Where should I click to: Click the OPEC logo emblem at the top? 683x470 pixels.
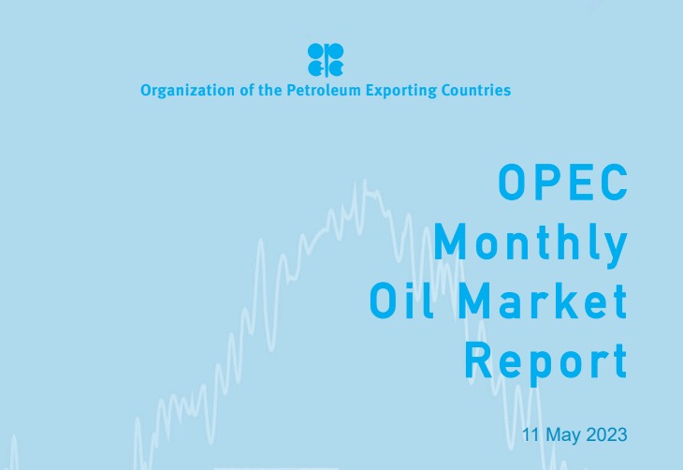tap(326, 59)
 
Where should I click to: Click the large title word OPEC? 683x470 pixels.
tap(562, 183)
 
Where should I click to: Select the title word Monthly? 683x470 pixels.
tap(530, 243)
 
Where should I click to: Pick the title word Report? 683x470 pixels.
tap(545, 360)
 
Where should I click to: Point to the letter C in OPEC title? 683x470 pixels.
tap(613, 183)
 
